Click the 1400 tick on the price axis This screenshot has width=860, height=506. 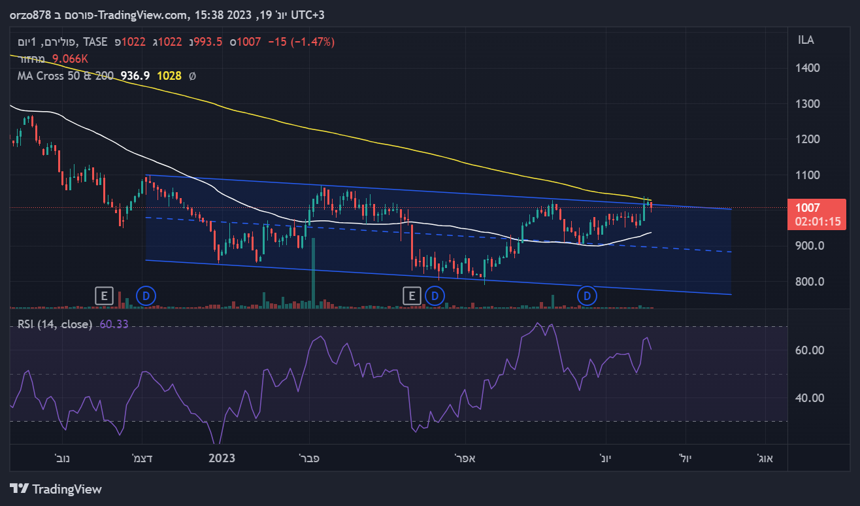(809, 68)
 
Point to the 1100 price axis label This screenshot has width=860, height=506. (809, 175)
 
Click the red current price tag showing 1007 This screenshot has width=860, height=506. (817, 214)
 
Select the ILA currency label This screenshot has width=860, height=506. (806, 41)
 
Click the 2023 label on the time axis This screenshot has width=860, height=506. (222, 458)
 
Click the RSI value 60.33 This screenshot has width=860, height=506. (113, 324)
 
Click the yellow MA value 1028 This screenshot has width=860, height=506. (169, 76)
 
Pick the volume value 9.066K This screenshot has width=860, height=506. (70, 59)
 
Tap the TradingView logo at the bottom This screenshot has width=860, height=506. (56, 488)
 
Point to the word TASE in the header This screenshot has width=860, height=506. (95, 42)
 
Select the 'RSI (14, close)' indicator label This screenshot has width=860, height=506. (55, 324)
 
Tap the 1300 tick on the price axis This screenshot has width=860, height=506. (809, 104)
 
